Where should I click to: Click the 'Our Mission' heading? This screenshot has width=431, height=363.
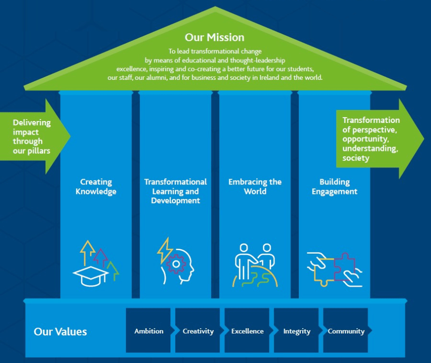(x=215, y=37)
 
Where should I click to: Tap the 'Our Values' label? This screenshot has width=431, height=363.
(x=61, y=332)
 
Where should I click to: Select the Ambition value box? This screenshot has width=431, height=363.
(x=149, y=331)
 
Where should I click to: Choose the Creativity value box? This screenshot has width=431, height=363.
(x=198, y=331)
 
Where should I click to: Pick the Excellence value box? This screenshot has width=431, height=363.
(x=247, y=331)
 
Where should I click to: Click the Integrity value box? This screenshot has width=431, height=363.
(x=296, y=331)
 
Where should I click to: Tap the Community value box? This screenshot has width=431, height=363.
(x=346, y=331)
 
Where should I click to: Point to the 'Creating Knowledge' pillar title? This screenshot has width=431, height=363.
(x=96, y=186)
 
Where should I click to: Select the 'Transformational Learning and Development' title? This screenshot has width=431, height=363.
(x=175, y=191)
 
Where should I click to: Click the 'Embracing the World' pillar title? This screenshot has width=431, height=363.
(x=255, y=186)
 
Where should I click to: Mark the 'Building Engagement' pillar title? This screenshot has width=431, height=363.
(x=334, y=186)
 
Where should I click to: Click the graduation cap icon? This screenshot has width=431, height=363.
(x=91, y=275)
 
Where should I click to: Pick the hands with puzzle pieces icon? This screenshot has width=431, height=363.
(x=334, y=268)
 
